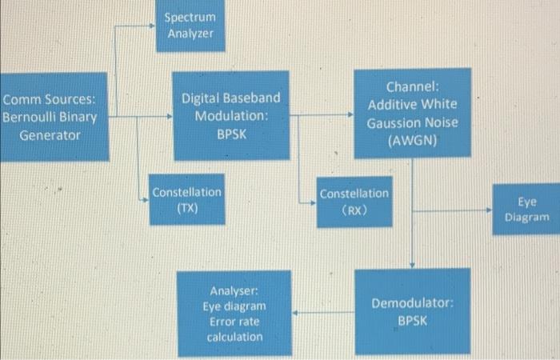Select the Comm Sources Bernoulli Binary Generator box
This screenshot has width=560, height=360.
(52, 117)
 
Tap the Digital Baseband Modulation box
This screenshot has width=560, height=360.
(231, 114)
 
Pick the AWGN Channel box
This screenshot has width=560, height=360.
(413, 114)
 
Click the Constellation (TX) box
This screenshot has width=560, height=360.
(186, 200)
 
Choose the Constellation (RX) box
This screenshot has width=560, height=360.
(354, 201)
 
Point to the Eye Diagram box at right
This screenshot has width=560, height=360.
(527, 210)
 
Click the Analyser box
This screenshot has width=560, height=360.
(235, 312)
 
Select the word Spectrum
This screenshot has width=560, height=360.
(190, 17)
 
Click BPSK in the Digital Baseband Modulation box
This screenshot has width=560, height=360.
(230, 134)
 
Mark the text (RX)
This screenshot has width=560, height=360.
(354, 210)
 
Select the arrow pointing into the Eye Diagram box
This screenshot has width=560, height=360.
(456, 211)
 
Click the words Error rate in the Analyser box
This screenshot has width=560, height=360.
(234, 322)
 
